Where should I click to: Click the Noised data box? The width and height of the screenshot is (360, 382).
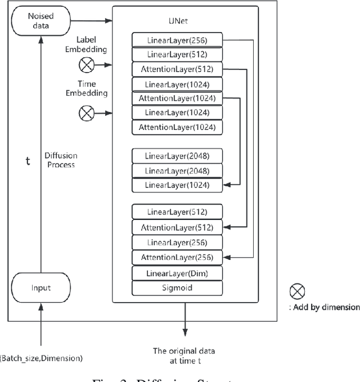coord(40,21)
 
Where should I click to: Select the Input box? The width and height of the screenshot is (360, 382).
coord(40,287)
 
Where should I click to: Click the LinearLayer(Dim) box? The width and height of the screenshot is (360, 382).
coord(177,273)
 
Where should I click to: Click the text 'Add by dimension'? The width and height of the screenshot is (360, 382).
coord(326,307)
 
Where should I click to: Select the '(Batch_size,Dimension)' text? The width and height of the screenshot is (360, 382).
coord(40,358)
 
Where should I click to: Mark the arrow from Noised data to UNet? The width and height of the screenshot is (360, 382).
coord(90,21)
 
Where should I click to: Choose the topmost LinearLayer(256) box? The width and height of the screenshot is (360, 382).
coord(177,40)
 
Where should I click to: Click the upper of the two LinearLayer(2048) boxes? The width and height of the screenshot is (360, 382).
coord(177,155)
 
